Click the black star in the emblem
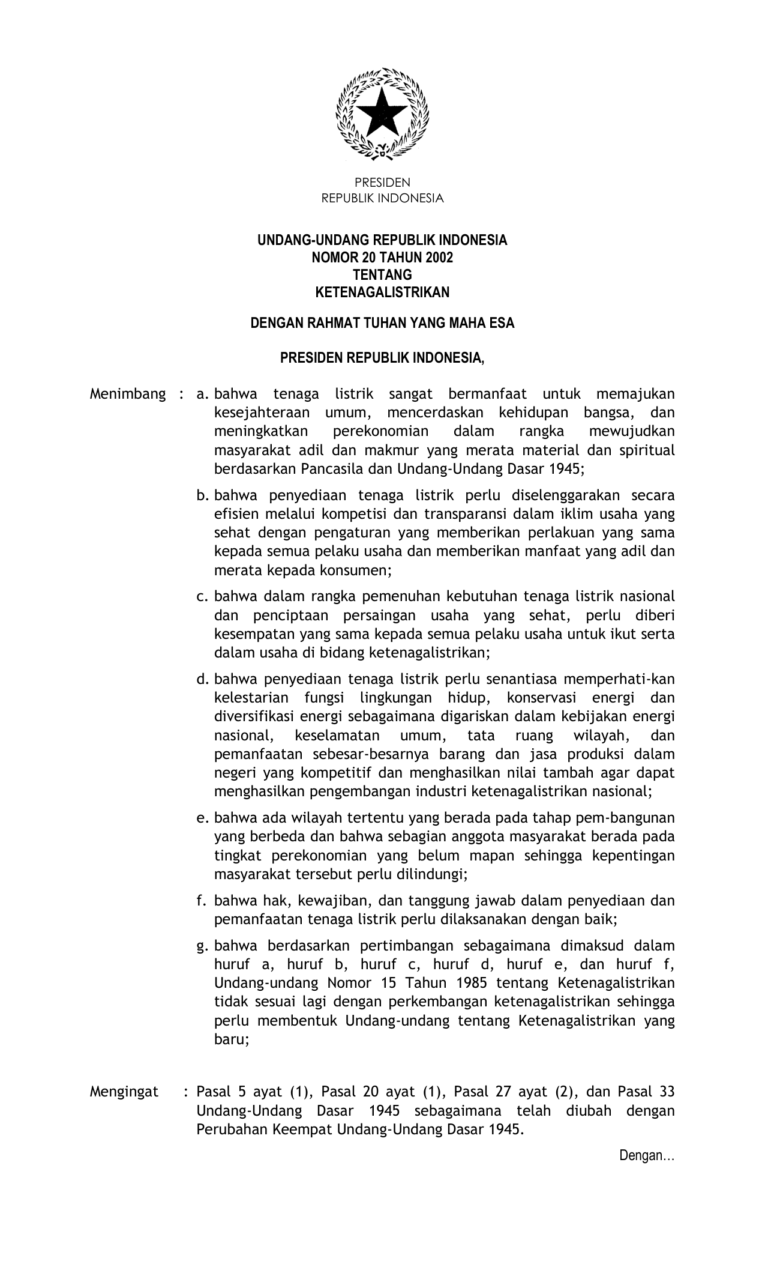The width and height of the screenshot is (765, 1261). pos(382,113)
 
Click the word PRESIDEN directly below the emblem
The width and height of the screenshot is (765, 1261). pos(382,183)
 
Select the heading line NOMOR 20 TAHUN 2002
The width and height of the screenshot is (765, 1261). pos(382,258)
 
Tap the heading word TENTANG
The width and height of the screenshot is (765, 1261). pos(382,275)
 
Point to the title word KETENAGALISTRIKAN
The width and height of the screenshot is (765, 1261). pos(382,292)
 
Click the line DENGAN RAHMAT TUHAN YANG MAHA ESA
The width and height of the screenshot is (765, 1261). pos(382,323)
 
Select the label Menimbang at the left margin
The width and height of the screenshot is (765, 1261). pos(127,395)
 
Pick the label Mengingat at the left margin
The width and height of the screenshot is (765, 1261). pos(124,1092)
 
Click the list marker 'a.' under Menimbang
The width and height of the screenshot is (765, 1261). pos(202,395)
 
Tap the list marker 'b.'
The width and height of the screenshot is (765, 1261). pos(202,496)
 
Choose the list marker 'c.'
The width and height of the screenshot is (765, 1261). pos(202,597)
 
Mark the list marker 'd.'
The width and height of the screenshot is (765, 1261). pos(202,680)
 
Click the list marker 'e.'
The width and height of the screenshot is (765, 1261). pos(202,818)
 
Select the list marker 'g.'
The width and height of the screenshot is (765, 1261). pos(202,946)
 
